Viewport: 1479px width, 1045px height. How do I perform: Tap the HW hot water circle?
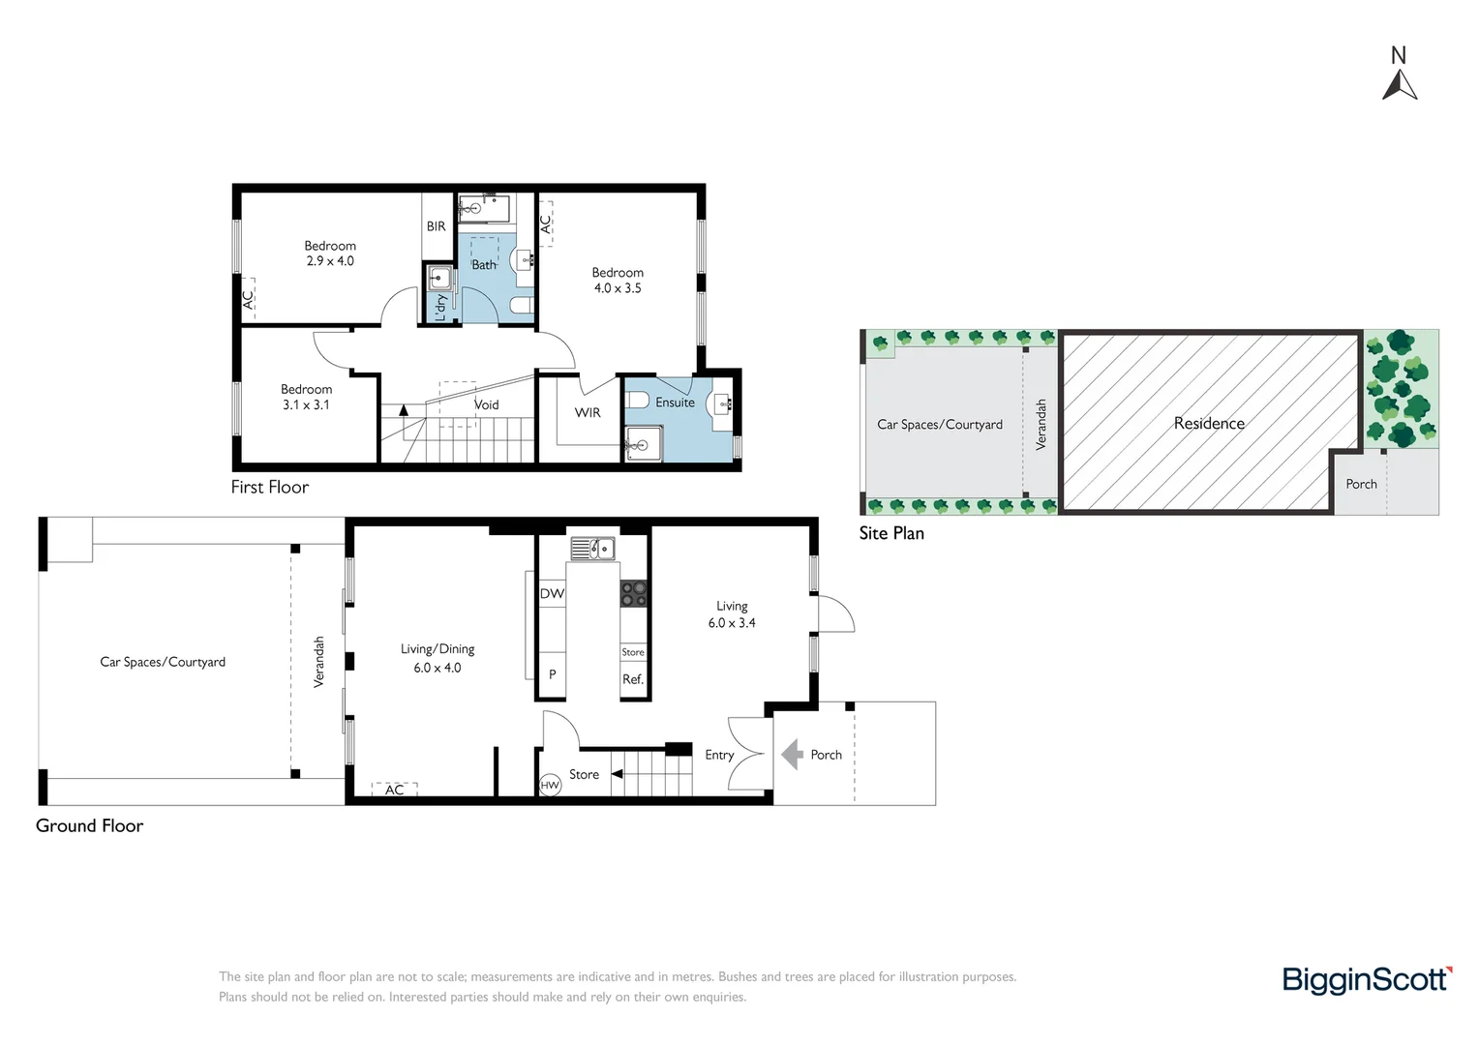click(x=550, y=785)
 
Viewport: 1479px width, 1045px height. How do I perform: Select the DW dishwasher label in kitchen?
click(x=552, y=593)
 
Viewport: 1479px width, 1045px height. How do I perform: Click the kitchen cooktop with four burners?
click(x=633, y=593)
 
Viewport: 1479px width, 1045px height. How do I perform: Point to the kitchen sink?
click(x=593, y=549)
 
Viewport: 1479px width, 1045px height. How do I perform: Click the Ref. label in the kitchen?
click(x=632, y=679)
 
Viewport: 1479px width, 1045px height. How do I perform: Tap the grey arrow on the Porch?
click(x=793, y=754)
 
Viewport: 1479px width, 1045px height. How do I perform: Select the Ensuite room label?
click(x=675, y=402)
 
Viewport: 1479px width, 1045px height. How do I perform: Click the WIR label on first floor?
click(x=587, y=412)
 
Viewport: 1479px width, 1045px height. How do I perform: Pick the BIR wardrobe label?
click(x=436, y=226)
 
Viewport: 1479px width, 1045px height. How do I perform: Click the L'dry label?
click(x=441, y=307)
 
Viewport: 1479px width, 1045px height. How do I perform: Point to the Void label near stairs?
click(x=487, y=404)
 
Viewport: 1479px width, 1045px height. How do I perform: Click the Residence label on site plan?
click(x=1209, y=423)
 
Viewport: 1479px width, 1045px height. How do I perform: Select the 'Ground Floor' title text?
click(x=89, y=825)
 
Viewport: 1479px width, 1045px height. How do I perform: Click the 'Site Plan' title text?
click(x=891, y=533)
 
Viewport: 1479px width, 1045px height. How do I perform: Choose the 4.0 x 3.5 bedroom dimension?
click(x=618, y=287)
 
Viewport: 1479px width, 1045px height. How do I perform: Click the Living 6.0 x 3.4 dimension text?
click(x=732, y=622)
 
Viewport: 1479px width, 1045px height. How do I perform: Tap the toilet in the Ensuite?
click(x=637, y=400)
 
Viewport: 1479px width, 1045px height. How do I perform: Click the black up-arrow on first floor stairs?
click(x=404, y=410)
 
